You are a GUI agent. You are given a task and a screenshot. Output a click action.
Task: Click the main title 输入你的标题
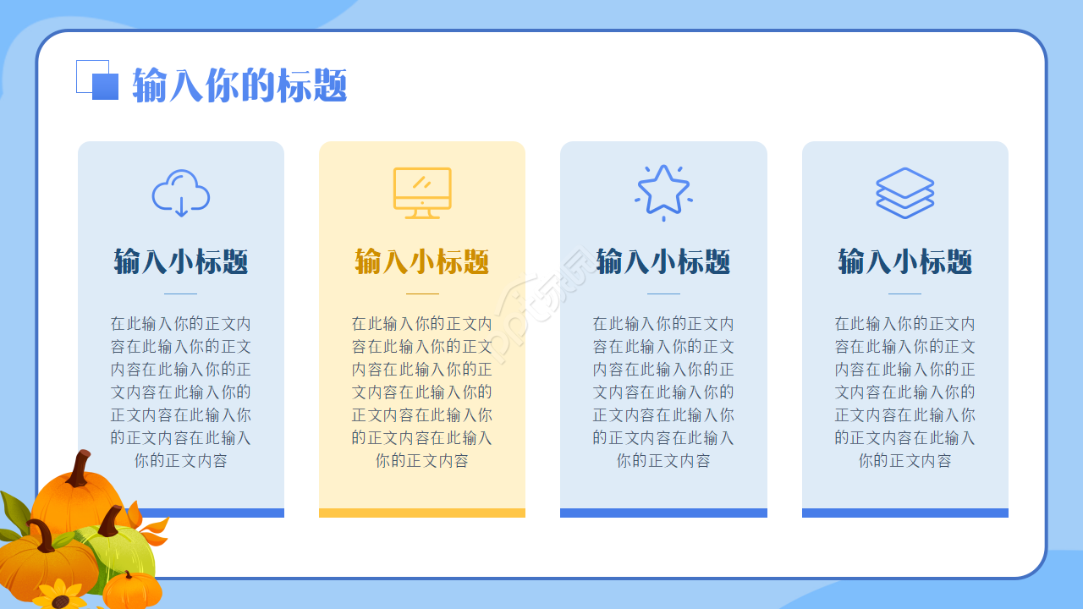point(239,85)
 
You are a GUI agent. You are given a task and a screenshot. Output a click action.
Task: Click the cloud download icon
point(181,192)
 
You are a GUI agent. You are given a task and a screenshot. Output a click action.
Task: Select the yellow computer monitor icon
point(422,192)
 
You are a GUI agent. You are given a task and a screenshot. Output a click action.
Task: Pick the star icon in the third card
point(663,191)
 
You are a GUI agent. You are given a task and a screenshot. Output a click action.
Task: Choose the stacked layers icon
point(904,193)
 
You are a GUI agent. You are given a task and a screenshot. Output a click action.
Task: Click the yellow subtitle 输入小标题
point(422,261)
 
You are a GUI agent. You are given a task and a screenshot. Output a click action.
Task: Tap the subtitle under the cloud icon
point(181,261)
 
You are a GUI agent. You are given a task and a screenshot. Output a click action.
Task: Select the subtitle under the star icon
point(663,261)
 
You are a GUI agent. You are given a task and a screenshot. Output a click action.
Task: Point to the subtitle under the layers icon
point(904,261)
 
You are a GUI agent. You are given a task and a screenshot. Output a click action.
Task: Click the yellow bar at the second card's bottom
point(422,513)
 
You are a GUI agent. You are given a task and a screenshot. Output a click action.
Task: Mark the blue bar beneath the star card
point(663,513)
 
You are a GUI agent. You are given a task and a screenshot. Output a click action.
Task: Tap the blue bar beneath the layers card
point(904,513)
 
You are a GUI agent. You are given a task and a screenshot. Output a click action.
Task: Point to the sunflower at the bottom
point(59,596)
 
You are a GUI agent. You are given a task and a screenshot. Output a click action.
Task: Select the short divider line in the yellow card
point(422,294)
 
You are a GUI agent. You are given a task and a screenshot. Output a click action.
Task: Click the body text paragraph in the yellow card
point(422,392)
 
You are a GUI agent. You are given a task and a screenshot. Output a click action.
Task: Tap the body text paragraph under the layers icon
point(904,392)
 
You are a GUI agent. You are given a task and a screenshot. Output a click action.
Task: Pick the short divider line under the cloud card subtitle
point(181,294)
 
